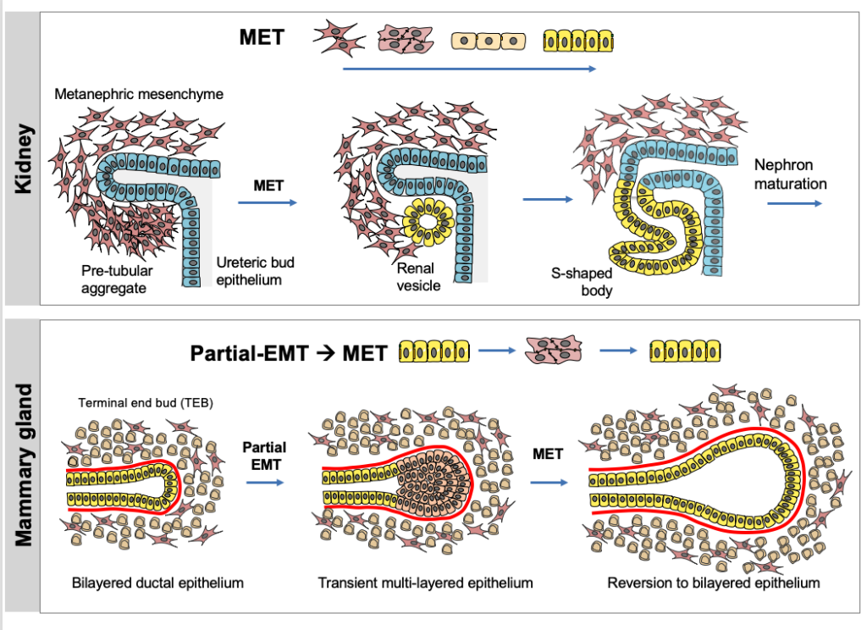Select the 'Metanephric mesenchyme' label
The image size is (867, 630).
click(139, 94)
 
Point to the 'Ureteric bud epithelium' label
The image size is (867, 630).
click(255, 271)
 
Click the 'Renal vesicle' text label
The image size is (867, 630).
click(418, 277)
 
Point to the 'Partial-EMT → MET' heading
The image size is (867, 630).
click(289, 351)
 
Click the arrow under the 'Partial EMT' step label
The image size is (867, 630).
click(264, 482)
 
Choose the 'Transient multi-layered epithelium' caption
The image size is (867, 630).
click(426, 583)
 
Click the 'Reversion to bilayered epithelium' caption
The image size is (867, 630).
click(714, 583)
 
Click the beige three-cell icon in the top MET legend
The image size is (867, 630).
click(489, 40)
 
